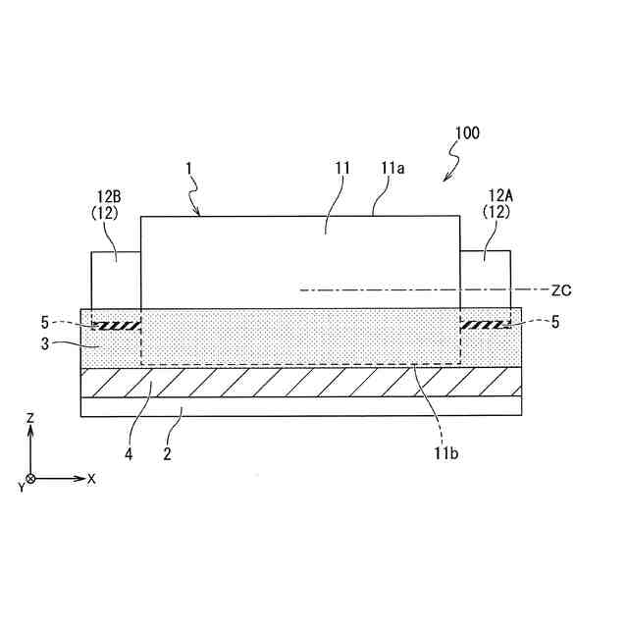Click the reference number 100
click(x=467, y=132)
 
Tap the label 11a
click(x=392, y=169)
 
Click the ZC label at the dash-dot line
click(x=561, y=290)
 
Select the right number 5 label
click(x=554, y=322)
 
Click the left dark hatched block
click(x=117, y=324)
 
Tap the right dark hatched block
click(x=485, y=324)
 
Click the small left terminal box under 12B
click(x=115, y=280)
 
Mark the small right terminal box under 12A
click(x=485, y=280)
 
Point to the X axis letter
click(x=91, y=480)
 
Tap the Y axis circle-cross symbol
click(x=30, y=479)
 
